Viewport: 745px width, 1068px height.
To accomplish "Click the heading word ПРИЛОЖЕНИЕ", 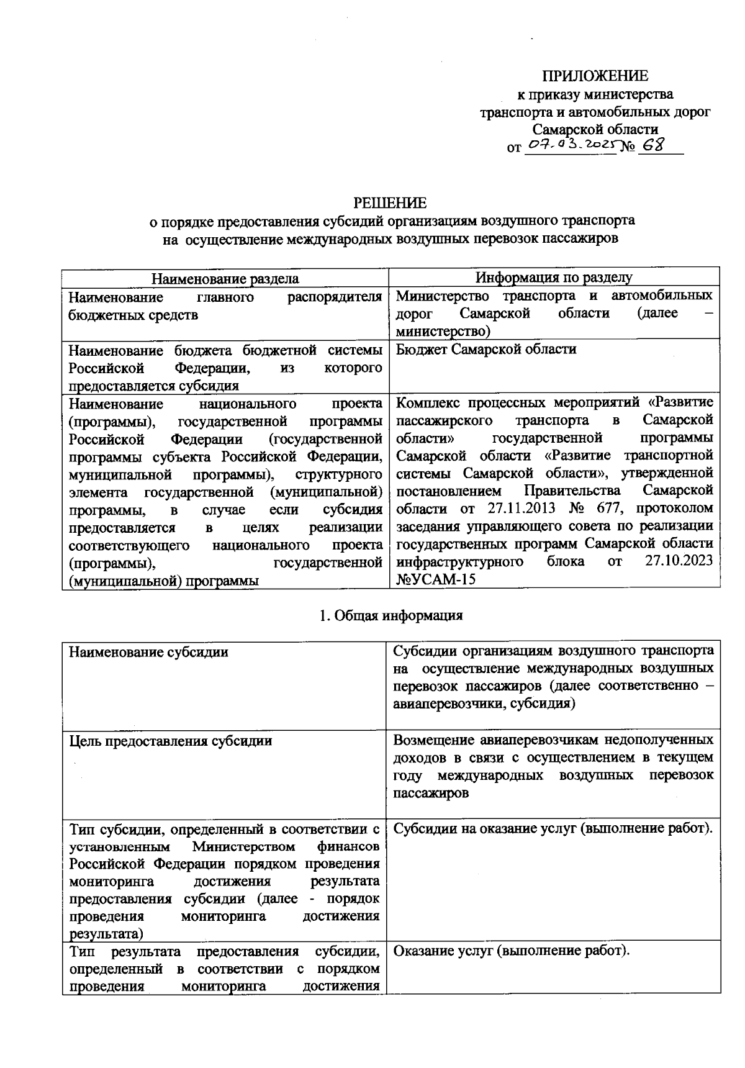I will (x=595, y=76).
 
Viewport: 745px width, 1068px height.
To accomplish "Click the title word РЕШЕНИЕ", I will (x=390, y=203).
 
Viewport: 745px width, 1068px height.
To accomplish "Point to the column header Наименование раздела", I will (x=225, y=279).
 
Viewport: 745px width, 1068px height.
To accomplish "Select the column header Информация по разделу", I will (x=554, y=278).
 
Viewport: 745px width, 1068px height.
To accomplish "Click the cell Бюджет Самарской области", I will (x=486, y=350).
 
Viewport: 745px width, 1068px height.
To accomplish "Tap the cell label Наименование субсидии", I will (x=148, y=652).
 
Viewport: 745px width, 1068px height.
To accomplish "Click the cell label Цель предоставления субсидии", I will (x=170, y=741).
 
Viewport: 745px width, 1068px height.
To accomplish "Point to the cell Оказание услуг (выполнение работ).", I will (x=512, y=951).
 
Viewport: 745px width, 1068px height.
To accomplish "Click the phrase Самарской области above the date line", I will (x=595, y=129).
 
